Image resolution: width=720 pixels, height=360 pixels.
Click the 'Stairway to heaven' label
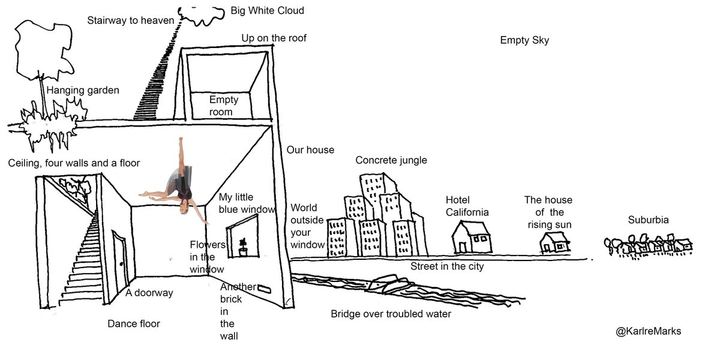click(130, 20)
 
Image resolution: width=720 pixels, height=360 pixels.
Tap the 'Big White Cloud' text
click(267, 11)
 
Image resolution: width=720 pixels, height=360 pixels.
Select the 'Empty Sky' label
click(524, 41)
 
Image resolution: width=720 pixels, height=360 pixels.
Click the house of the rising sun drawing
click(554, 243)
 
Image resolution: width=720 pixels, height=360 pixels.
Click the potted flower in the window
click(243, 247)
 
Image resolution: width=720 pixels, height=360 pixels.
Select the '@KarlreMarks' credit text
click(648, 331)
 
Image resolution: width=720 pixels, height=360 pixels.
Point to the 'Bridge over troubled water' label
click(391, 314)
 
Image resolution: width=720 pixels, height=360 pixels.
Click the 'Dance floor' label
click(134, 324)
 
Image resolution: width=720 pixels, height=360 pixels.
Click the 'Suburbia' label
click(648, 220)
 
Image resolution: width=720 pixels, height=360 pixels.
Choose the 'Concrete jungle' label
click(391, 160)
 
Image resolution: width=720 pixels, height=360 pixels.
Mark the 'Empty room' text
click(223, 106)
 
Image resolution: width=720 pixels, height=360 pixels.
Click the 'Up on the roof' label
click(274, 38)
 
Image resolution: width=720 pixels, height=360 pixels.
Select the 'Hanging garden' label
click(83, 91)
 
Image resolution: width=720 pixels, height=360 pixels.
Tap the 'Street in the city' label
click(447, 266)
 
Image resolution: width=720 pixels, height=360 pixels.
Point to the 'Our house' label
click(310, 150)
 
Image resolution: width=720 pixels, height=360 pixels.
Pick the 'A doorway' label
click(149, 293)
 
